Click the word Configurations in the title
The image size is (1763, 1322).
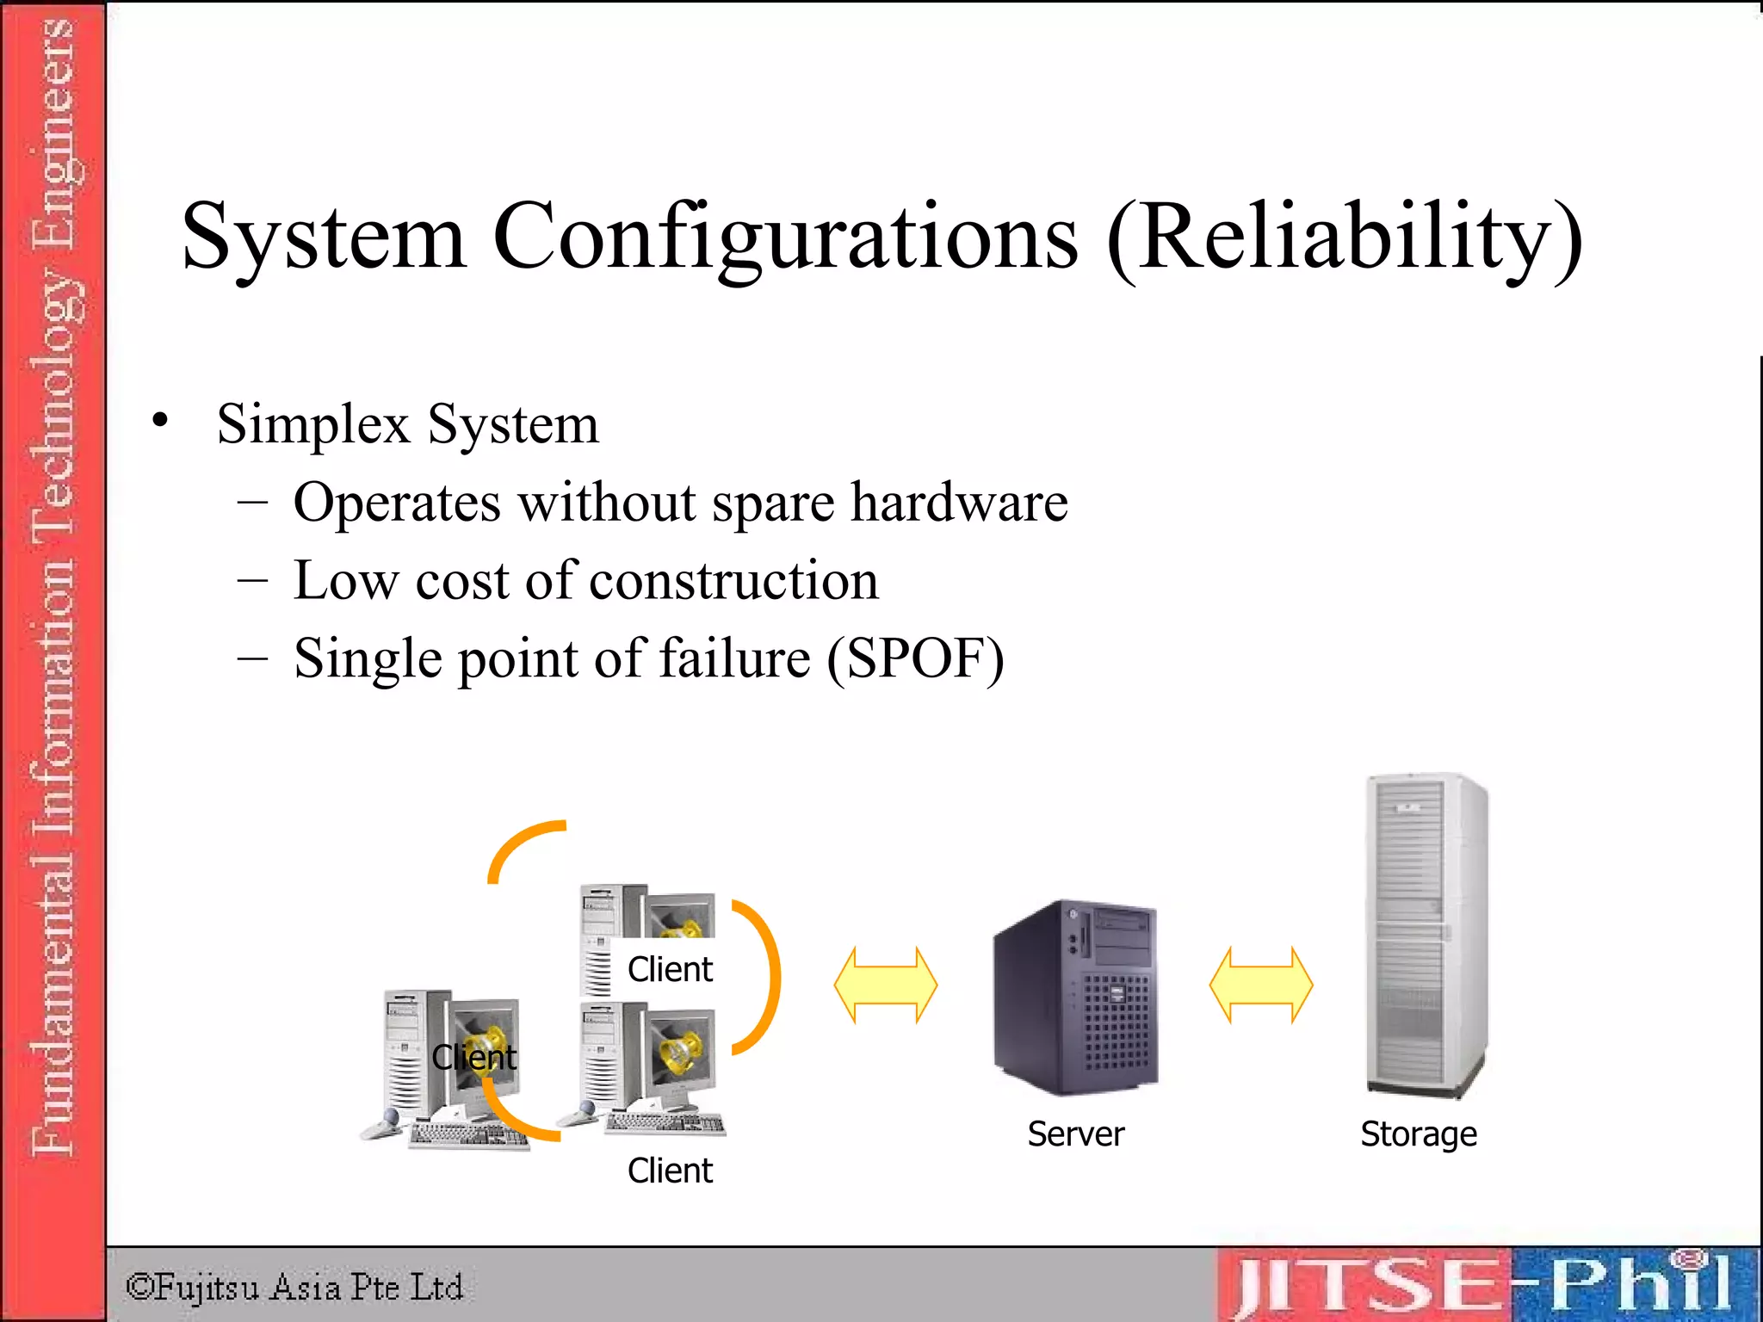pos(784,237)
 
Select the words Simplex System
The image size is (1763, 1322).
pos(407,424)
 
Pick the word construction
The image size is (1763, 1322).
pos(733,580)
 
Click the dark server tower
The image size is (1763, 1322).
pos(1076,998)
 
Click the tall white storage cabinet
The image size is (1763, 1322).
pos(1425,934)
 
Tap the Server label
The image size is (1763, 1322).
pos(1076,1134)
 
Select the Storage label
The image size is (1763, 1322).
pos(1419,1134)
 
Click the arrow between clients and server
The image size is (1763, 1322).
pos(886,985)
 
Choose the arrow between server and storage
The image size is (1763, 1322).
pos(1261,985)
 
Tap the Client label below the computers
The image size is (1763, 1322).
pos(670,1171)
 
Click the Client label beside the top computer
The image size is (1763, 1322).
pos(670,969)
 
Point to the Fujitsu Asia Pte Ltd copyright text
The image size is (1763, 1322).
pos(294,1288)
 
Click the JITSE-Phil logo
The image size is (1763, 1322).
pos(1485,1285)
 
